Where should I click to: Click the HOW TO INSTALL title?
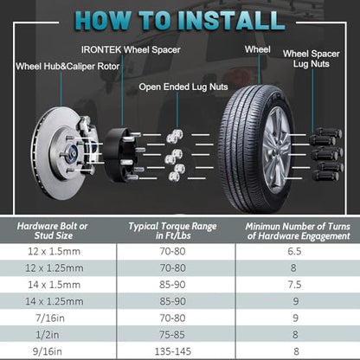click(179, 21)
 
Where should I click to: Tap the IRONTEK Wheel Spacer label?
click(131, 49)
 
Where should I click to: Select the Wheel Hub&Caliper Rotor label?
click(67, 67)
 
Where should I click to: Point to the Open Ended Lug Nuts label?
click(183, 87)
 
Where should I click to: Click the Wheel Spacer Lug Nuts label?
click(312, 59)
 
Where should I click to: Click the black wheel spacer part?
click(117, 154)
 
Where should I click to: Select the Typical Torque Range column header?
click(172, 231)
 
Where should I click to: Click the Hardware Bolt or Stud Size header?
click(53, 231)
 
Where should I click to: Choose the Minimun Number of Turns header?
click(298, 231)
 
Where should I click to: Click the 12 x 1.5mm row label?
click(54, 252)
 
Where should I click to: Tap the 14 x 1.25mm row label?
click(55, 301)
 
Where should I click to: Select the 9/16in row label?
click(48, 351)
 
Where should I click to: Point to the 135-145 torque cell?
click(173, 351)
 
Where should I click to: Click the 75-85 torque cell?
click(172, 335)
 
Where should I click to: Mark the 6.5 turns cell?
click(294, 252)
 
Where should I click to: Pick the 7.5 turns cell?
click(294, 285)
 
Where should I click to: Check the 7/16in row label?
click(50, 318)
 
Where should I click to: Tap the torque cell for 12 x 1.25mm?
click(173, 268)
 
